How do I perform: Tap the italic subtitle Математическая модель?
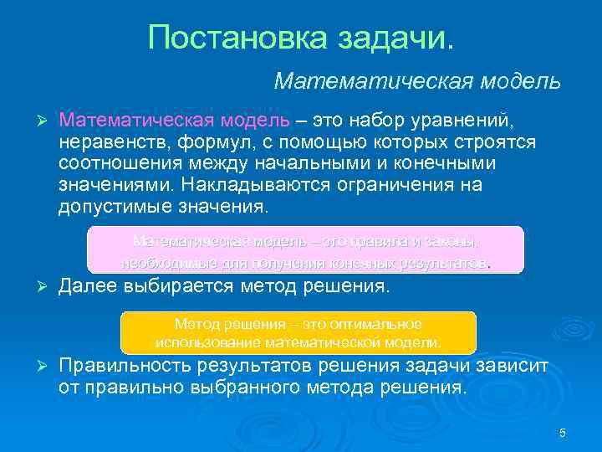tap(417, 81)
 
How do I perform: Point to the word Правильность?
tap(123, 367)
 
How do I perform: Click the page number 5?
tap(563, 433)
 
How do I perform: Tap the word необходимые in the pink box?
tap(161, 263)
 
